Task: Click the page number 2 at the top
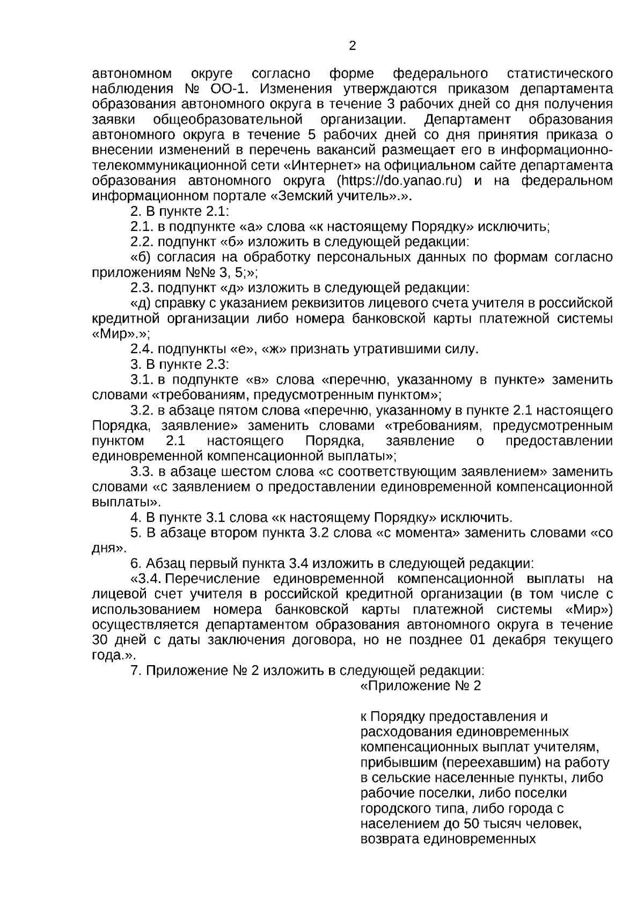coord(352,46)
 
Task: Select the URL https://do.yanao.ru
coord(399,180)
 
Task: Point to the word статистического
coord(560,73)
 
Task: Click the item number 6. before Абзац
coord(136,564)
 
